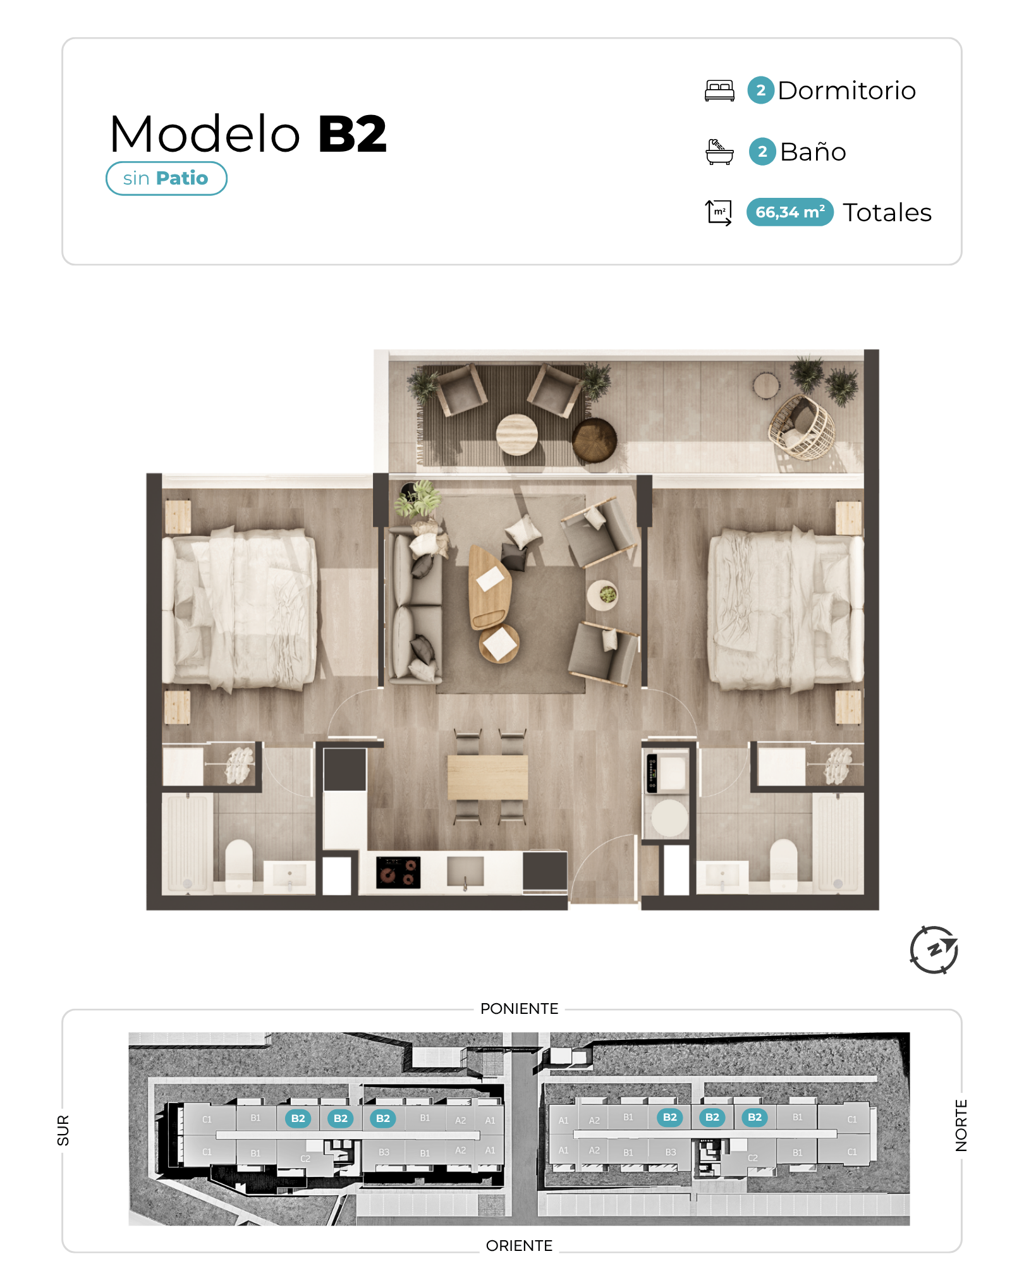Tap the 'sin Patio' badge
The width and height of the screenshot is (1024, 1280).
[166, 178]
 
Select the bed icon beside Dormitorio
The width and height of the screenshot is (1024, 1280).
[719, 90]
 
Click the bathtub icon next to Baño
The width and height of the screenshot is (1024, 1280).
[719, 152]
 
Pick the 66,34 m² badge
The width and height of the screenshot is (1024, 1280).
[789, 212]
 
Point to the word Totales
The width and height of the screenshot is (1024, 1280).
[887, 212]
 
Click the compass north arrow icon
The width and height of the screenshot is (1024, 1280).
[934, 949]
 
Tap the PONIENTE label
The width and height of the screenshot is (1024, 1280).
[519, 1008]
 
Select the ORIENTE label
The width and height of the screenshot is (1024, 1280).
[519, 1245]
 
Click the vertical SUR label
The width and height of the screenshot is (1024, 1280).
[63, 1130]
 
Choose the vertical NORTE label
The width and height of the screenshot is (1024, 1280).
[961, 1125]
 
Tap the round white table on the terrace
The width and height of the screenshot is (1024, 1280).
[516, 434]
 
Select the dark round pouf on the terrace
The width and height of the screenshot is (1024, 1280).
[594, 440]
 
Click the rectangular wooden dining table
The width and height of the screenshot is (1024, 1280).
[487, 777]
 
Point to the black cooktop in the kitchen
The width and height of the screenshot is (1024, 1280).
[398, 872]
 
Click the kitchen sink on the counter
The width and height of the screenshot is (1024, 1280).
[465, 872]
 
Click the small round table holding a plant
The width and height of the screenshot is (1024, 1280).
[602, 595]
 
